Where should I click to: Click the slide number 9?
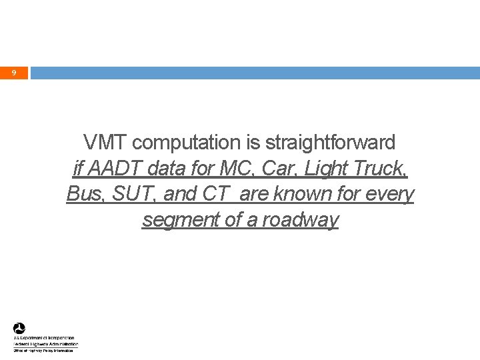(x=14, y=72)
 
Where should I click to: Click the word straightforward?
(x=330, y=142)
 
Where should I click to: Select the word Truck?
(x=379, y=168)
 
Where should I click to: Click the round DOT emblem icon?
(x=19, y=328)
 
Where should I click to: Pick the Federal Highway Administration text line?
(x=46, y=344)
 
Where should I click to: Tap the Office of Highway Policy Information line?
(x=46, y=350)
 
